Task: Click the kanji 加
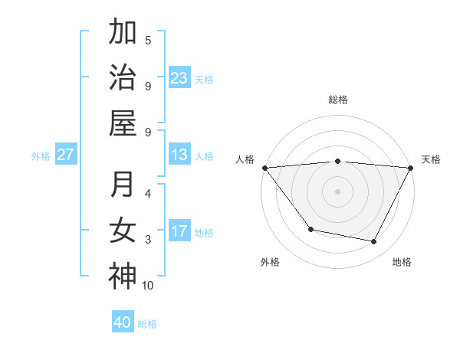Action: tap(123, 33)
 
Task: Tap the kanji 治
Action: tap(123, 77)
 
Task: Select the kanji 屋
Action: tap(123, 122)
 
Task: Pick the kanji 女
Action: tap(123, 231)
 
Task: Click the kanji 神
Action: tap(123, 275)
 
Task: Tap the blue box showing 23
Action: tap(179, 78)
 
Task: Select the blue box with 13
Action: tap(179, 155)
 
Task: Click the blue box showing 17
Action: tap(179, 231)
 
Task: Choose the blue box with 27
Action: tap(65, 155)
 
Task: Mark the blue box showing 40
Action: tap(123, 322)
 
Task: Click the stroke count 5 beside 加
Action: tap(148, 40)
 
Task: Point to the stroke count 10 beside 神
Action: tap(148, 286)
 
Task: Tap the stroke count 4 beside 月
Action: tap(148, 193)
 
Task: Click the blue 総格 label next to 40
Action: tap(147, 324)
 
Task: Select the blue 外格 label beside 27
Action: tap(41, 156)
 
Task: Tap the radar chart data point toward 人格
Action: tap(264, 168)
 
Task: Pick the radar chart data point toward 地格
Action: tap(374, 241)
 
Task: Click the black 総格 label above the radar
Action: tap(338, 100)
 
